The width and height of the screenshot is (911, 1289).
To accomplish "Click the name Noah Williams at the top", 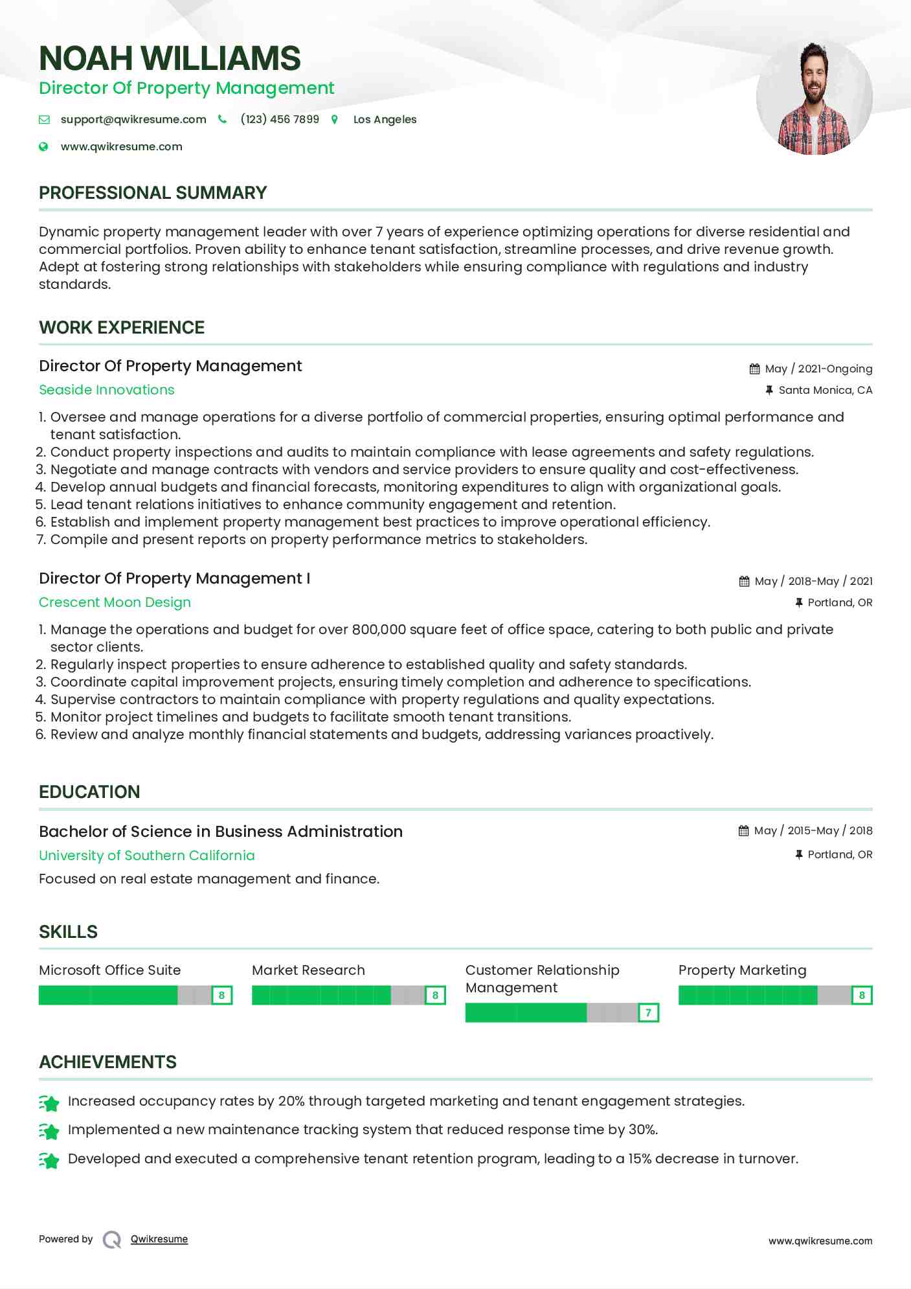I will [170, 58].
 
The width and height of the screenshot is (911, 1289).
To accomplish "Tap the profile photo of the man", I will [814, 97].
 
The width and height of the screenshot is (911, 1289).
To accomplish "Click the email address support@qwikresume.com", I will [133, 119].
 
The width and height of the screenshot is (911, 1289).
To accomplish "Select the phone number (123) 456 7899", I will [280, 119].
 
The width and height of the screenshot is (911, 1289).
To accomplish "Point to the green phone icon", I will [223, 119].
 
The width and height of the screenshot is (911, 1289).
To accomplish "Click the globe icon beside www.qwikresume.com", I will [43, 146].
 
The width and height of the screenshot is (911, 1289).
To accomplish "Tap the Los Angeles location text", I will [385, 119].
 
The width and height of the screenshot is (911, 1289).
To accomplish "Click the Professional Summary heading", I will [153, 193].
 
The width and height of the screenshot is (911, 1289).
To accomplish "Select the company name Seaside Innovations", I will [107, 390].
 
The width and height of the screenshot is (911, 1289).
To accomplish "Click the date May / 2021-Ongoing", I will [818, 369].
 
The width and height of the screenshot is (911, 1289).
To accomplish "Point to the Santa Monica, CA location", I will [825, 390].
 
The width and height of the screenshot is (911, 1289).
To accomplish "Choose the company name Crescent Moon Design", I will [115, 602].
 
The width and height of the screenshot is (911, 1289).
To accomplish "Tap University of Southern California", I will [147, 856].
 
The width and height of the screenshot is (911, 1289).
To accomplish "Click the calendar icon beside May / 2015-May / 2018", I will [743, 830].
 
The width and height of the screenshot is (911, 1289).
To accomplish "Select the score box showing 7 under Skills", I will [648, 1012].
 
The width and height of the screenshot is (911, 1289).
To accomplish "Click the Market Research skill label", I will [308, 970].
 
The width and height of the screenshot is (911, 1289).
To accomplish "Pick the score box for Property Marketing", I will [862, 995].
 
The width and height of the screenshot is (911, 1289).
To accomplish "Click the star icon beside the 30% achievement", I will [49, 1131].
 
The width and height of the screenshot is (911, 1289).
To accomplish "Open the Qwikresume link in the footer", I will [159, 1239].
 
